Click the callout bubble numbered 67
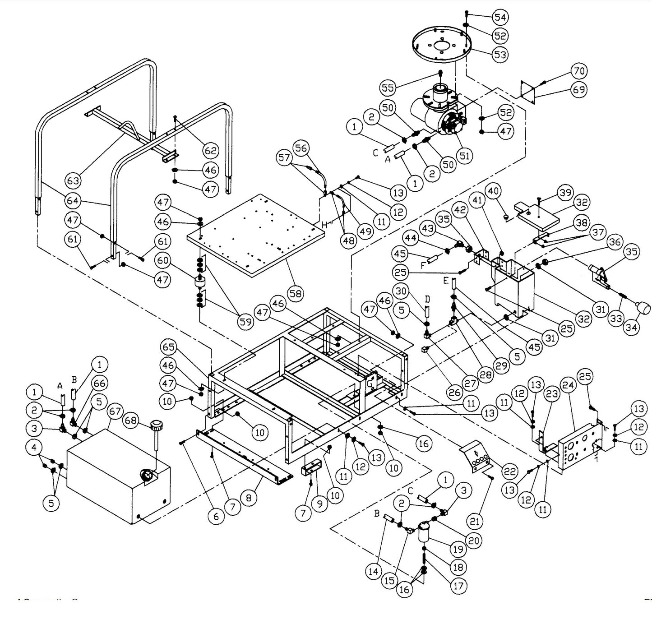116,411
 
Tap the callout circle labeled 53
499,55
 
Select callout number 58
296,294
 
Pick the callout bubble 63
73,181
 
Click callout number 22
510,472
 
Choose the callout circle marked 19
458,550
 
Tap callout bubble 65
169,347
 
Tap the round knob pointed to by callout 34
643,308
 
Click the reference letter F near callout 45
422,266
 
